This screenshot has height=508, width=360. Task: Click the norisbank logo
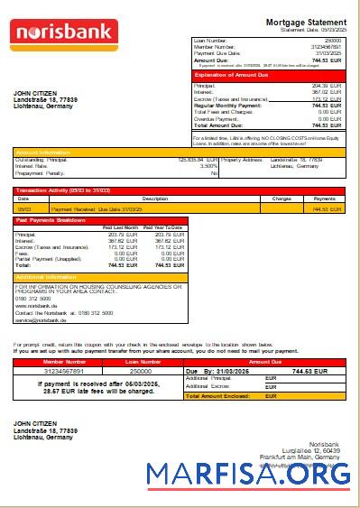click(64, 33)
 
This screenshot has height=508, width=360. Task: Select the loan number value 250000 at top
click(333, 42)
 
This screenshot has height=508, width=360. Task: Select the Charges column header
click(282, 198)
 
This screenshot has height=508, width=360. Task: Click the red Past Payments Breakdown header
click(51, 220)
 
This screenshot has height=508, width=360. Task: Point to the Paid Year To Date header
click(163, 227)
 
